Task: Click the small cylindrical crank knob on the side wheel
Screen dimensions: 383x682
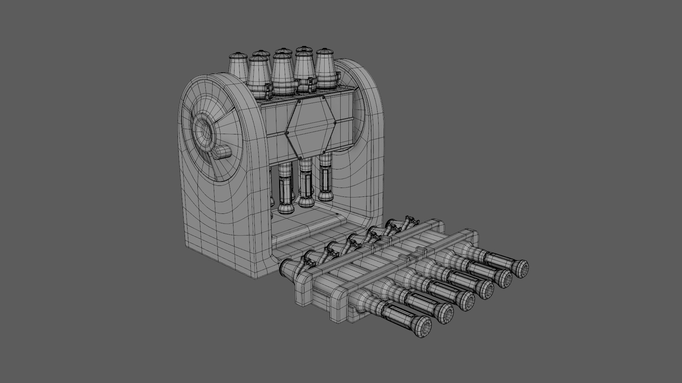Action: tap(222, 154)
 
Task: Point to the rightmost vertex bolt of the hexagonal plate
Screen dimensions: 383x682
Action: tap(335, 123)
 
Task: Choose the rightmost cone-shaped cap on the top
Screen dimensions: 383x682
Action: tap(326, 69)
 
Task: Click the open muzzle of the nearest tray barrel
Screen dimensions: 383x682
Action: tap(421, 327)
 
